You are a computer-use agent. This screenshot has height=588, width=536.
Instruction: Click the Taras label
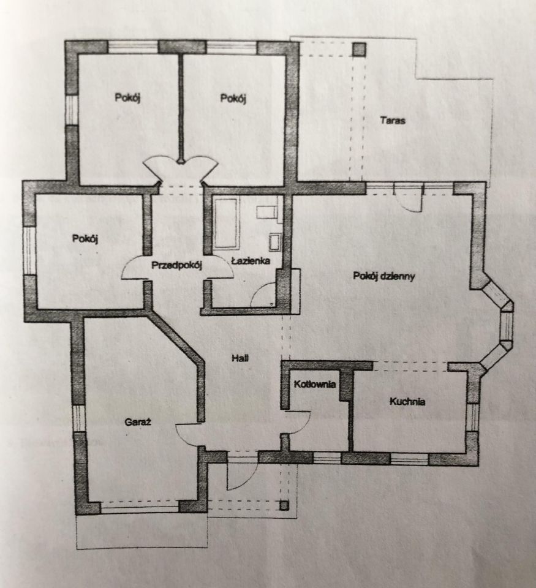coord(393,121)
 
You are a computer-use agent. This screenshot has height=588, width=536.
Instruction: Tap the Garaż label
coord(138,422)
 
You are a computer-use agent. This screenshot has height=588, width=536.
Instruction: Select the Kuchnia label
coord(407,402)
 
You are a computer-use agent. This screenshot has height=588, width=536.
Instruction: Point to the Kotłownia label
coord(315,384)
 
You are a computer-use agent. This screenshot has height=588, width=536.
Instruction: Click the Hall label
coord(240,358)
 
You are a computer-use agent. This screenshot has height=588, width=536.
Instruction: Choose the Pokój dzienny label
coord(384,276)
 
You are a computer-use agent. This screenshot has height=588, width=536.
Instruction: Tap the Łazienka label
coord(251,261)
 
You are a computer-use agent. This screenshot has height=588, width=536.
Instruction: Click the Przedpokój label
coord(176,265)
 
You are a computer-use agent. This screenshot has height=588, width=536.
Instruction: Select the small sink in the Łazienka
coord(275,243)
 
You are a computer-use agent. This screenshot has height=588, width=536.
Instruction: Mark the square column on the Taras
coord(359,50)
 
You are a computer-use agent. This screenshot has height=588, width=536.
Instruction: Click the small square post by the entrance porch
coord(284,505)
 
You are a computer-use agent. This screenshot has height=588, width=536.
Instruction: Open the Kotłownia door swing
coord(298,422)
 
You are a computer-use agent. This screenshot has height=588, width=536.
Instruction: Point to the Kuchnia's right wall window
coord(473,417)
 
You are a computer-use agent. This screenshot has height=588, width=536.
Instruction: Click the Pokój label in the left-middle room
coord(85,238)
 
